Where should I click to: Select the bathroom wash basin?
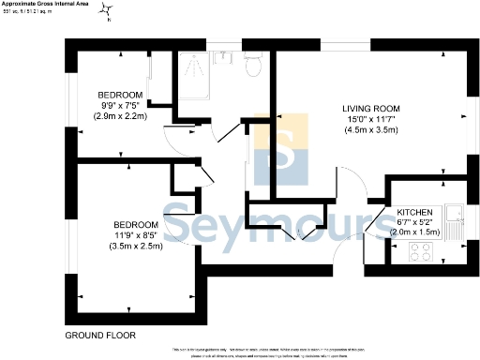click(224, 57)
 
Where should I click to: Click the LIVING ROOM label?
click(370, 109)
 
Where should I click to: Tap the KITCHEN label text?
click(414, 213)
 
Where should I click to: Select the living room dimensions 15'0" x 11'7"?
click(370, 119)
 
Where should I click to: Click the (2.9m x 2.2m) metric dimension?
click(121, 115)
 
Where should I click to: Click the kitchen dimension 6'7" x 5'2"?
click(414, 223)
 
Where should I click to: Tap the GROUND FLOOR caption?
click(102, 335)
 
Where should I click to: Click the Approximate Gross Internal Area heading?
click(47, 4)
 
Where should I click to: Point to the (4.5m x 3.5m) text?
click(370, 129)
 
